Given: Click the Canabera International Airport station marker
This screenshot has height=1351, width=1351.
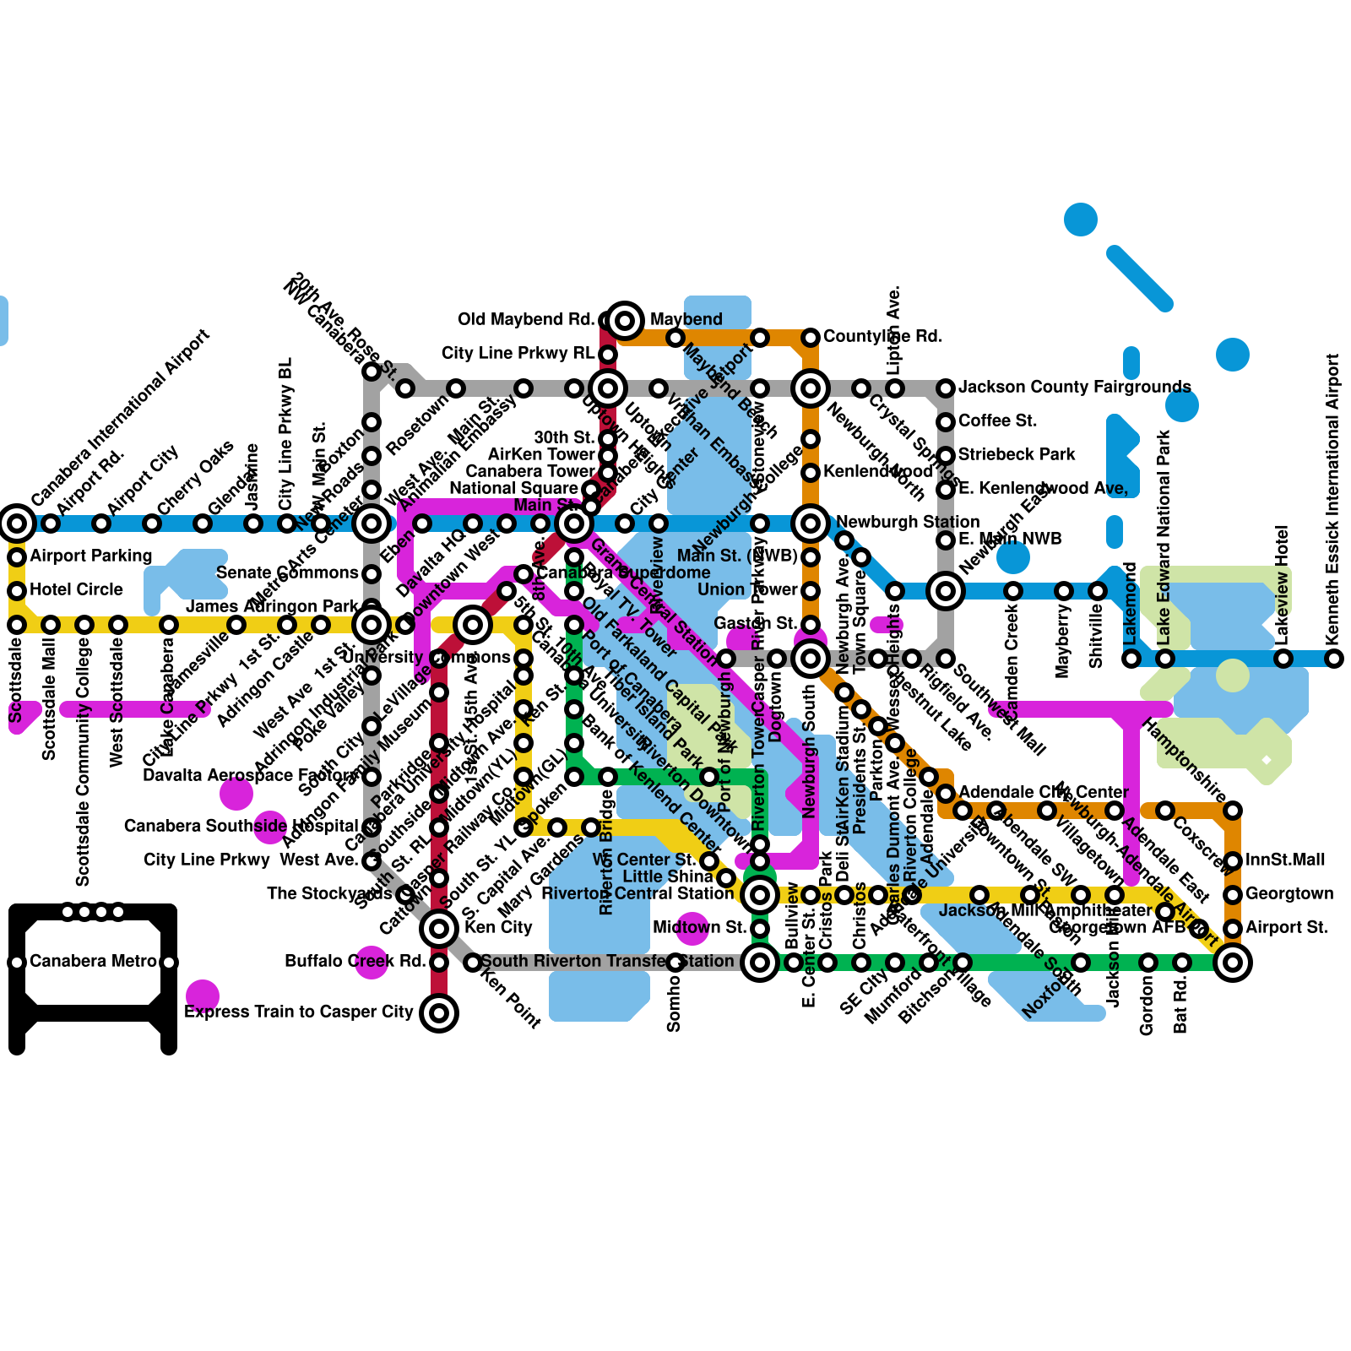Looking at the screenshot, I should pos(17,524).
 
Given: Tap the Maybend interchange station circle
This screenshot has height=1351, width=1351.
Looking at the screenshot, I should pos(625,320).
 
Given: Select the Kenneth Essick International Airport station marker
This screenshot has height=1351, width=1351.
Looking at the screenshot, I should pos(1334,659).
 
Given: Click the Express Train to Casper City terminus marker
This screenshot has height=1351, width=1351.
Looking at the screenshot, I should pos(439,1013).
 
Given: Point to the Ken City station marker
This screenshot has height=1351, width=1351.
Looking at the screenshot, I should pos(439,929).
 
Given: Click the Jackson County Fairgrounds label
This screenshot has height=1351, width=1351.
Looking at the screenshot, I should pos(1074,387).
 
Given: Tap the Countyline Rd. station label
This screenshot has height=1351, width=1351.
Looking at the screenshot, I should pos(882,336).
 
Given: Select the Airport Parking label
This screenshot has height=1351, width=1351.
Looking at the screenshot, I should pos(91,556).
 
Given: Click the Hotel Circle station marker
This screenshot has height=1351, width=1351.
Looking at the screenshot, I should pos(17,591).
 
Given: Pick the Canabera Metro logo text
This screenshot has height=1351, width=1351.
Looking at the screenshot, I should pos(93,961).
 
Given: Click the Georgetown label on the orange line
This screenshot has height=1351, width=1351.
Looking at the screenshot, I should pos(1289,893).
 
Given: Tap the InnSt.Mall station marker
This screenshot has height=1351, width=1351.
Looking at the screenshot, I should pos(1233,861).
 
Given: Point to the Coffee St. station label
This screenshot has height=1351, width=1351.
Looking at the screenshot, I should pos(997,420).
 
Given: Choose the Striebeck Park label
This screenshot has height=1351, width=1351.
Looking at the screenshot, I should pos(1017,454).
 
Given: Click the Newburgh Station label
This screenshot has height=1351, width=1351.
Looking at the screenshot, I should pos(908,522).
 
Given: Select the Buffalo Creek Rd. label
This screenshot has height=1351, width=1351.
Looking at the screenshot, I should pos(355,961).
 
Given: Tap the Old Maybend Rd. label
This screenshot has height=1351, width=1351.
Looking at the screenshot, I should pos(525,319).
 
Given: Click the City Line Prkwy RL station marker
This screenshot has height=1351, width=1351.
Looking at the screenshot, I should pos(608,355).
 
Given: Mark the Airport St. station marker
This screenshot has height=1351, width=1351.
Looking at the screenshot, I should pos(1233,929).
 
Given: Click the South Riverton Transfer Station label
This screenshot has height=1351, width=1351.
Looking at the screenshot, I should pos(608,961).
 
